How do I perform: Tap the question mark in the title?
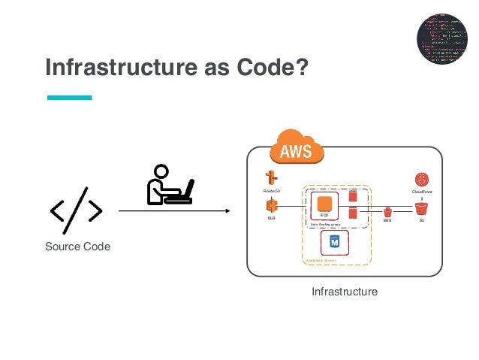[x=301, y=68]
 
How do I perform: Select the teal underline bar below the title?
[x=69, y=97]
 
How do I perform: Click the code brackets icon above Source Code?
[x=76, y=212]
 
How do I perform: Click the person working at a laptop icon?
[x=170, y=184]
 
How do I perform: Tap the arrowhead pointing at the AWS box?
[x=242, y=212]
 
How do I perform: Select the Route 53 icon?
[x=271, y=179]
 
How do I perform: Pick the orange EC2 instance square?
[x=324, y=203]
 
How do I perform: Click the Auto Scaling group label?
[x=326, y=224]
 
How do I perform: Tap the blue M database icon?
[x=334, y=241]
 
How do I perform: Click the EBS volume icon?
[x=387, y=213]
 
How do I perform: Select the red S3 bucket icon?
[x=421, y=208]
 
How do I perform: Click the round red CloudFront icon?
[x=421, y=180]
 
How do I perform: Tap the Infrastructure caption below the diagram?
[x=344, y=290]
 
